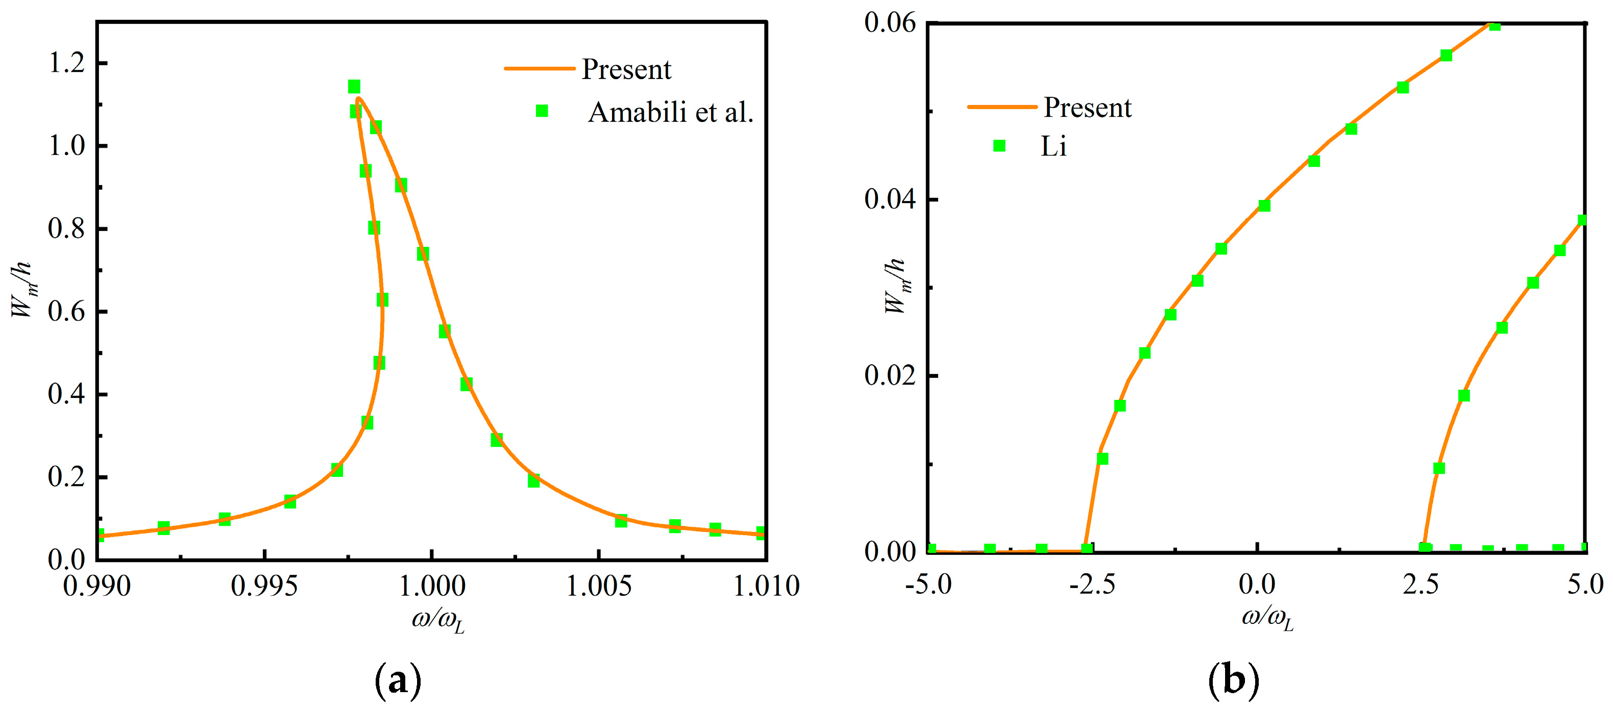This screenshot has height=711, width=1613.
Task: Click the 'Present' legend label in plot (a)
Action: pyautogui.click(x=626, y=69)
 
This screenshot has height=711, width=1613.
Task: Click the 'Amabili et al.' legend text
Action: pyautogui.click(x=670, y=112)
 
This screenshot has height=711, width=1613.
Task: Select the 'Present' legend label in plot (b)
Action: pyautogui.click(x=1088, y=107)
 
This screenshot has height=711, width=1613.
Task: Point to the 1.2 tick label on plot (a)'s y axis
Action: pyautogui.click(x=66, y=63)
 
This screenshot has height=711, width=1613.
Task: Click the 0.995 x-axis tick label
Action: pyautogui.click(x=264, y=587)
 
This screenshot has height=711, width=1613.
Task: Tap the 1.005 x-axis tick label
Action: pyautogui.click(x=599, y=587)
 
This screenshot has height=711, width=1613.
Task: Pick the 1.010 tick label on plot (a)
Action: pyautogui.click(x=766, y=587)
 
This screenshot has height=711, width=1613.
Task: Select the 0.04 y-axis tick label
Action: pyautogui.click(x=889, y=199)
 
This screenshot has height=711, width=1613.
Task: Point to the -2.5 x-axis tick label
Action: pyautogui.click(x=1092, y=585)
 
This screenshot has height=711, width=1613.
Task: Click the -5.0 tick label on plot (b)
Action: pyautogui.click(x=928, y=585)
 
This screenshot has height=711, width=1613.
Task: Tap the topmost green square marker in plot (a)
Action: pyautogui.click(x=354, y=86)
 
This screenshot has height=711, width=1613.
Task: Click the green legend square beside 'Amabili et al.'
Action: pyautogui.click(x=542, y=111)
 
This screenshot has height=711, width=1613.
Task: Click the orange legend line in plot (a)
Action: pyautogui.click(x=539, y=68)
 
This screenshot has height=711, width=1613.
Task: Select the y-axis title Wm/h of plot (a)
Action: pyautogui.click(x=22, y=289)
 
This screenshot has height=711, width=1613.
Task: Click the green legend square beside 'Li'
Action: pyautogui.click(x=999, y=146)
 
